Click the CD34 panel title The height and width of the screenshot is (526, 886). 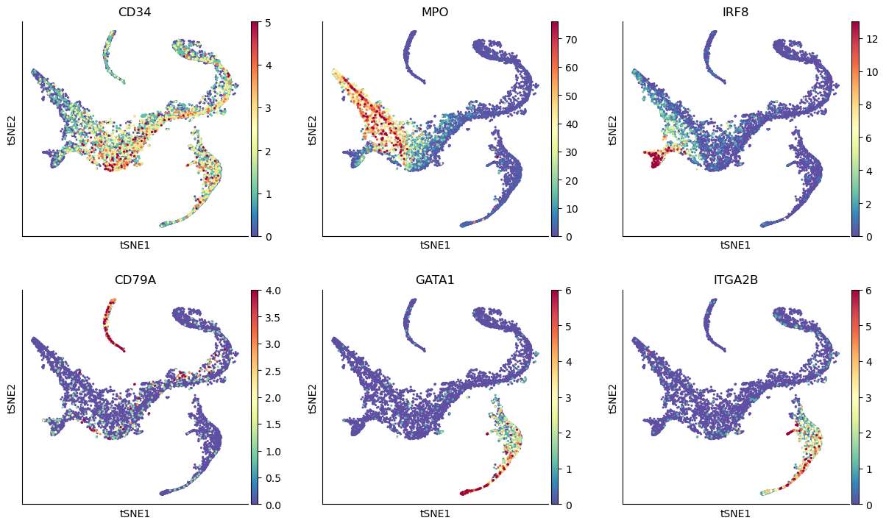(135, 12)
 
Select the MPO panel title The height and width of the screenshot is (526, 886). (436, 12)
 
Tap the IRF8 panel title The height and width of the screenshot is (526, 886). (736, 12)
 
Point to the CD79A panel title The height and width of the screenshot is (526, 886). (135, 280)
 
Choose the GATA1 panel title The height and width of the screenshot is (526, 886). (436, 280)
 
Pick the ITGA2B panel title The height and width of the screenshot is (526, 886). (736, 280)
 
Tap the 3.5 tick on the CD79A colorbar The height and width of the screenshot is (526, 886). (273, 317)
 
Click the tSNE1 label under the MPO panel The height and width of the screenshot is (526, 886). (436, 246)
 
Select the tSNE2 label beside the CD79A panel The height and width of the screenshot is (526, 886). (13, 397)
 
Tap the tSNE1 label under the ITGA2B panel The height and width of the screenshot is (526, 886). (736, 513)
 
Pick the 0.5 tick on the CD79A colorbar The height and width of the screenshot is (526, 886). (273, 478)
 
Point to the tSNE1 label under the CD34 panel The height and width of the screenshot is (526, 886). (135, 246)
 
